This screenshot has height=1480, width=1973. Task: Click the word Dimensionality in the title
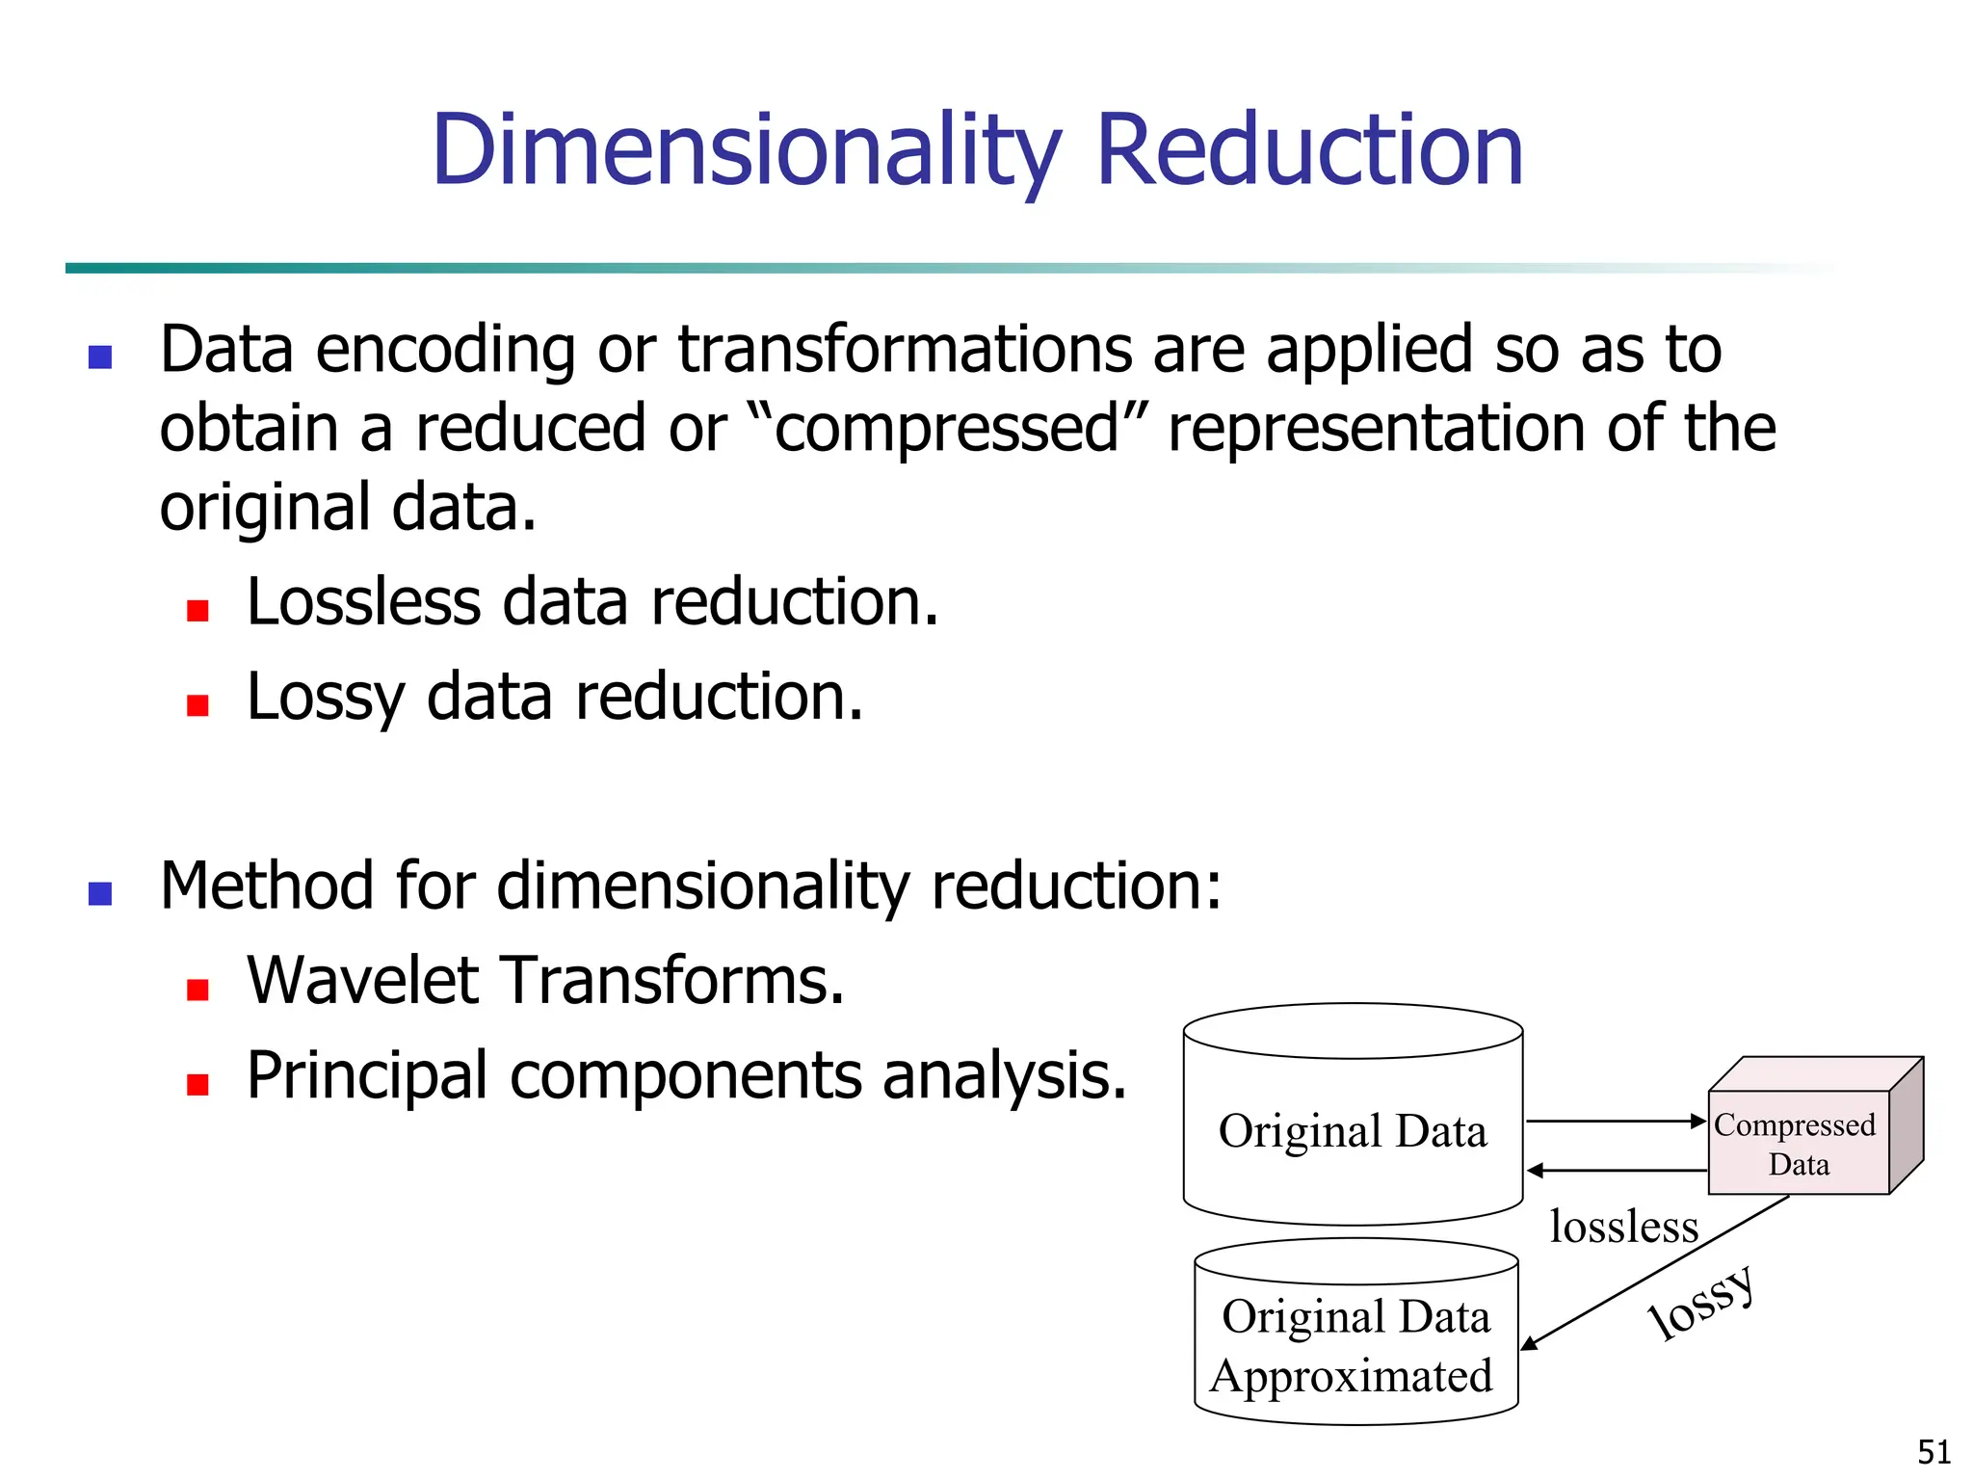click(746, 151)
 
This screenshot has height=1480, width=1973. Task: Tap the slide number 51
click(1934, 1451)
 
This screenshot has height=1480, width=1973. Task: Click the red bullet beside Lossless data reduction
click(198, 611)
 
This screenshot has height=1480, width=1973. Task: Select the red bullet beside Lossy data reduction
click(198, 705)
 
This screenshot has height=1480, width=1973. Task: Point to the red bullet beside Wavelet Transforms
click(198, 990)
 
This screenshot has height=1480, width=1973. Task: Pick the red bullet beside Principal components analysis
click(198, 1085)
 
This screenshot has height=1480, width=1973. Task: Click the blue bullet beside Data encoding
click(100, 357)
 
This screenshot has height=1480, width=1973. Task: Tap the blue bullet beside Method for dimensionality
click(100, 894)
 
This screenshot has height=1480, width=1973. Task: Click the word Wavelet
click(365, 980)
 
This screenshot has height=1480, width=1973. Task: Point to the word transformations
click(905, 349)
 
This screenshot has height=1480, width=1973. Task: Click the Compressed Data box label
click(1795, 1144)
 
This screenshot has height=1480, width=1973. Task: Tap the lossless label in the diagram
click(1623, 1227)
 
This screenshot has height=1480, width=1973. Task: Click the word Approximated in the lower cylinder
click(1352, 1376)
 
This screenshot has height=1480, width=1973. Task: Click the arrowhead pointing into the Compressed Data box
click(1699, 1121)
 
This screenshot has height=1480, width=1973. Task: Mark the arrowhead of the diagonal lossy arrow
click(1529, 1344)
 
